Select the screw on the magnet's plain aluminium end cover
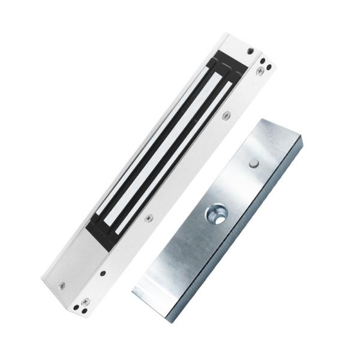(62, 286)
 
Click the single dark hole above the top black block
(250, 51)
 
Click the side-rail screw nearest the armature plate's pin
(226, 116)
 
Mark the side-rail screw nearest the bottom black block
(149, 218)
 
